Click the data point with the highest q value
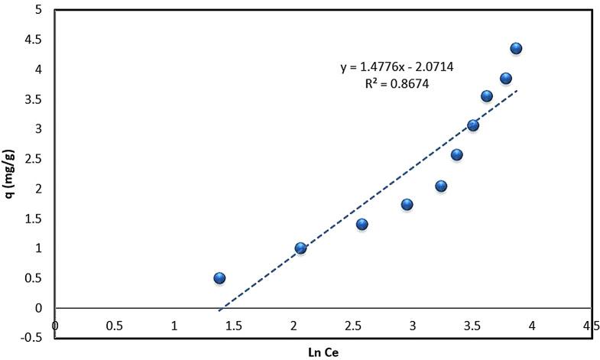[x=516, y=48]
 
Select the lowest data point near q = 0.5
[x=219, y=278]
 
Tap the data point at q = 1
[x=300, y=248]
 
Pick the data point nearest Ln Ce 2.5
[x=362, y=224]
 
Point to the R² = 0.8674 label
[x=397, y=85]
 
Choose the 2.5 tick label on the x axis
[x=353, y=326]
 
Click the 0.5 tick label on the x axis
[x=115, y=326]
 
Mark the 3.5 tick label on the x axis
[x=472, y=326]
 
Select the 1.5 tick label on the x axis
[x=234, y=326]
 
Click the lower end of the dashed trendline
[x=219, y=310]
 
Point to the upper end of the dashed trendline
[x=517, y=90]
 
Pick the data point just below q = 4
[x=506, y=79]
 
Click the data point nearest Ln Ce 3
[x=407, y=204]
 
